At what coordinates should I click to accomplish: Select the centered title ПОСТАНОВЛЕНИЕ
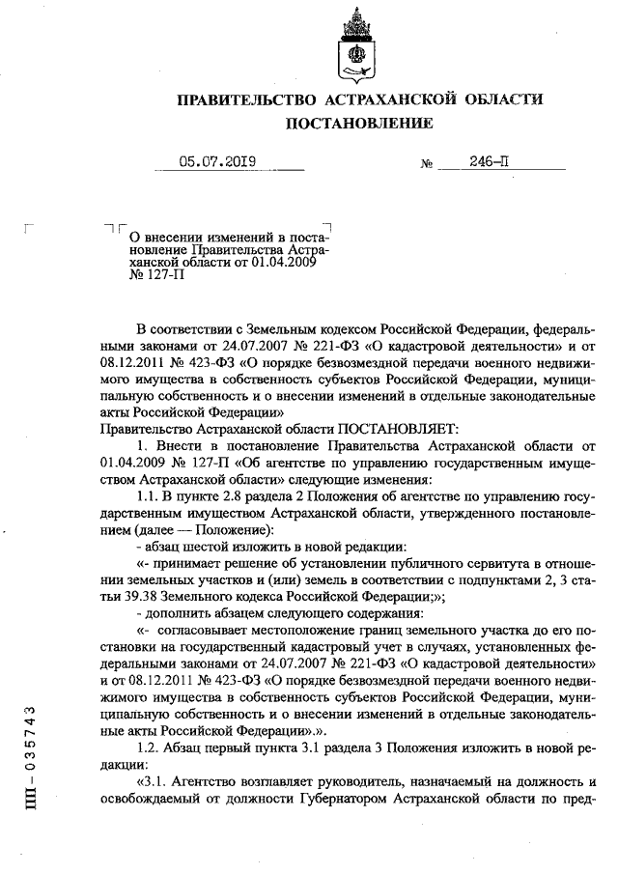tap(358, 124)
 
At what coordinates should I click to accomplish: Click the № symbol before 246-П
tap(426, 165)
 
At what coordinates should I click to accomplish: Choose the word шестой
tap(204, 546)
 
